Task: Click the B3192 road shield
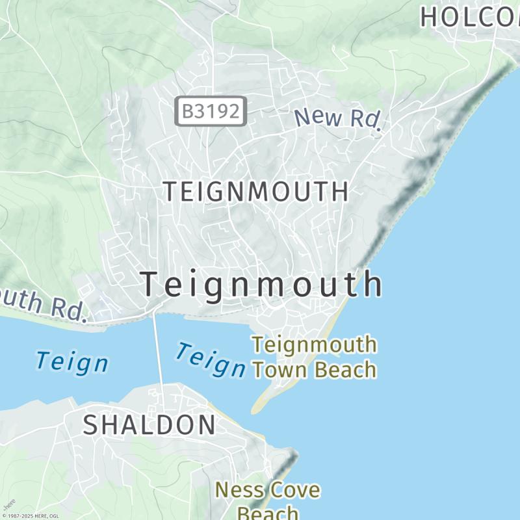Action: [211, 111]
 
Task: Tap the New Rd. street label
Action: [337, 120]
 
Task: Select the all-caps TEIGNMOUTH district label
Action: [255, 192]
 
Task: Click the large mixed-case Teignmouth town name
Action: [261, 285]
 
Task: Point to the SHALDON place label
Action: [149, 424]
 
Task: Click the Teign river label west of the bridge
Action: [71, 362]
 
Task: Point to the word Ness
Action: [237, 490]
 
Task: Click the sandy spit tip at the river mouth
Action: [256, 409]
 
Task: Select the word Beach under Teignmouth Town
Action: [346, 370]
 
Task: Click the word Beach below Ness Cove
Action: [267, 512]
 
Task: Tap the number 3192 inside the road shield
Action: [218, 111]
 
